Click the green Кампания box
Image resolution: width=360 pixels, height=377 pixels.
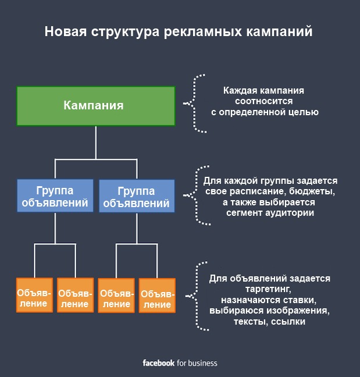pos(95,105)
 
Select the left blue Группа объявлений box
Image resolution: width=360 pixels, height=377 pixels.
pos(55,197)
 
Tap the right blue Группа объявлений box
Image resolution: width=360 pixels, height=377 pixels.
pos(136,197)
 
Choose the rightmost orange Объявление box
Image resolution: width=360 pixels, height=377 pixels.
pos(156,296)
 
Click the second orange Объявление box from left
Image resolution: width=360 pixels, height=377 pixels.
pos(75,296)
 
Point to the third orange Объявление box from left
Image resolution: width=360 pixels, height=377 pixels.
pos(116,296)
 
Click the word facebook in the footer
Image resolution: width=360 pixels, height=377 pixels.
pos(159,363)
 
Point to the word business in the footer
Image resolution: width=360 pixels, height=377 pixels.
pos(202,363)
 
